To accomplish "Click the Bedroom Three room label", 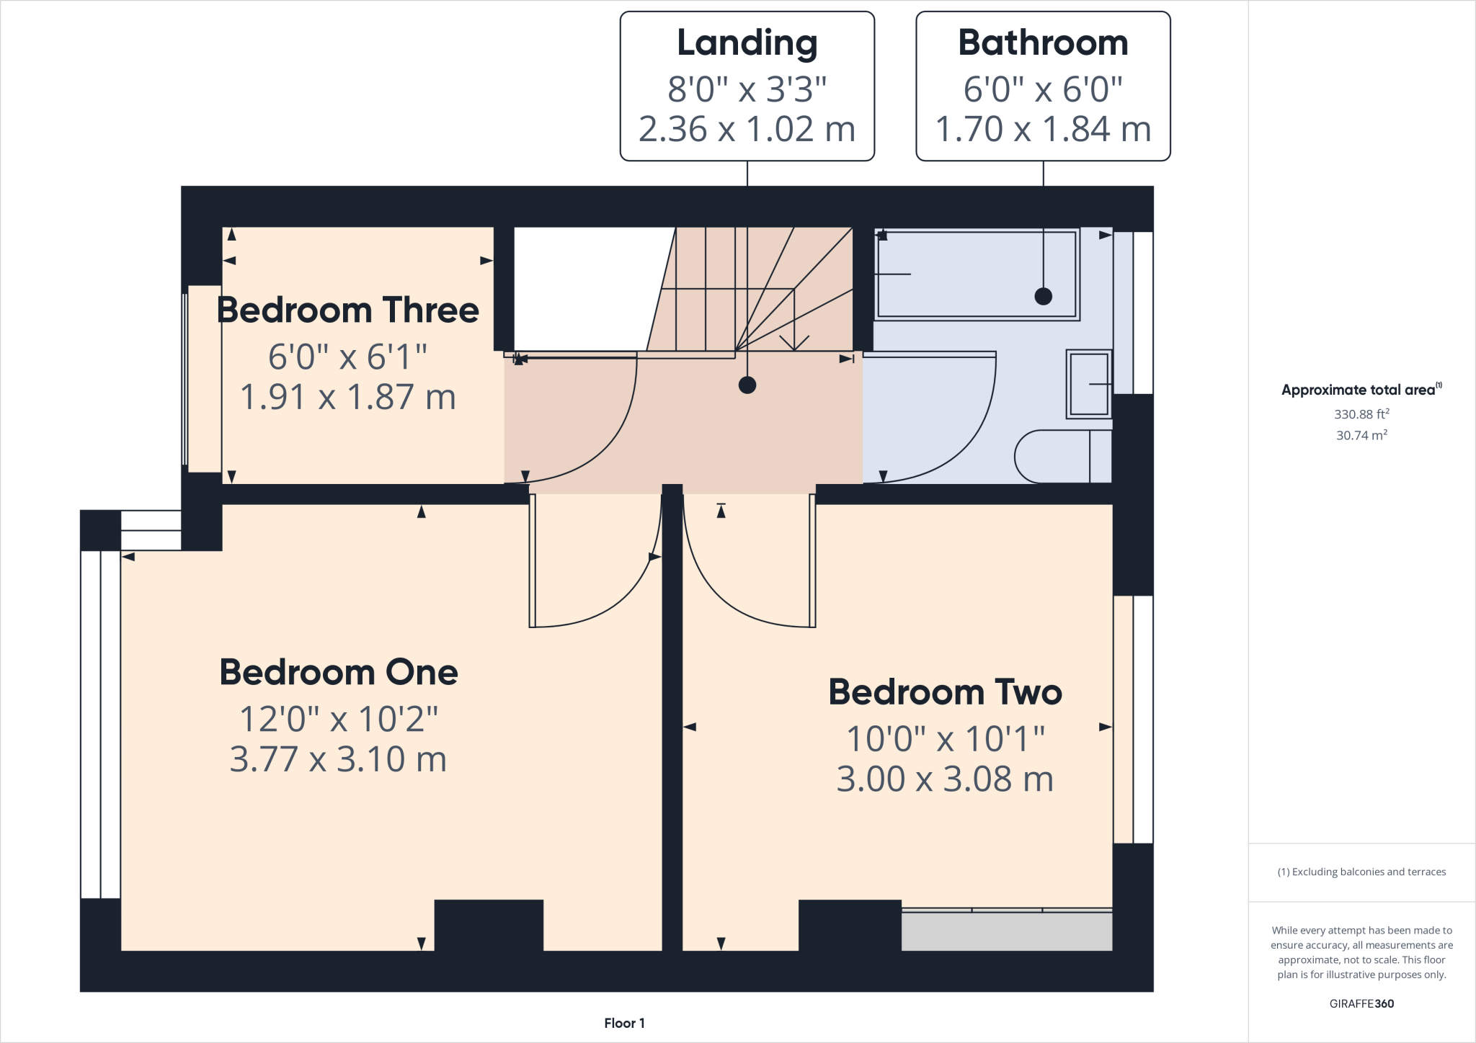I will coord(347,310).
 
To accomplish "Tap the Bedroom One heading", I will coord(339,673).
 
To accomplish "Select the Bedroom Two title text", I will coord(945,692).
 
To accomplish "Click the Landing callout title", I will coord(747,43).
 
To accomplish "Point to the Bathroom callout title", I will coord(1042,43).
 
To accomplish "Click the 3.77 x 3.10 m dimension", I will coord(338,759).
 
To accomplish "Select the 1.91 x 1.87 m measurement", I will coord(347,397).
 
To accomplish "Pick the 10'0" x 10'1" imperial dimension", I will coord(945,739).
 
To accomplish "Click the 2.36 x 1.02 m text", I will coord(747,130).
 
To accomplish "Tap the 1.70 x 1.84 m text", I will coord(1042,130).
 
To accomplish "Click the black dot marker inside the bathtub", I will coord(1043,296).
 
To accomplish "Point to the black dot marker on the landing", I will coord(747,385).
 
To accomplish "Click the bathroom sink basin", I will coord(1088,384).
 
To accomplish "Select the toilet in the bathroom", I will coord(1059,457).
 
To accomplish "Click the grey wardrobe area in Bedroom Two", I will coord(1006,931).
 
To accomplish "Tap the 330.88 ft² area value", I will coord(1361,414).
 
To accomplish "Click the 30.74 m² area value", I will coord(1361,435).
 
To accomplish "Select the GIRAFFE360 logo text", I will coord(1361,1003).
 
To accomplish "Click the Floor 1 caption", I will coord(624,1023).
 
